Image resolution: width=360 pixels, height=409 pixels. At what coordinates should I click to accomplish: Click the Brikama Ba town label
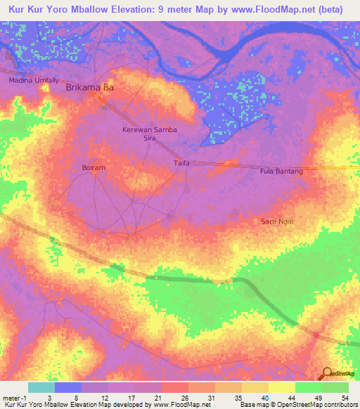coord(89,89)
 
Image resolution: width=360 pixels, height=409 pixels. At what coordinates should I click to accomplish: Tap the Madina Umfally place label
coord(33,81)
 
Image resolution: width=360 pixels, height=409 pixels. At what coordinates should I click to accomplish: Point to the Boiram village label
coord(93,168)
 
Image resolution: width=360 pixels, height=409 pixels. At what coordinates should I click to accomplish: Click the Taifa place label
coord(182,163)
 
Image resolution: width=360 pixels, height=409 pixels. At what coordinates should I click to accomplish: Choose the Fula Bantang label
coord(281,171)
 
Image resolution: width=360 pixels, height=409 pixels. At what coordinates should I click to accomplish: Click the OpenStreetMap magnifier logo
coord(327,374)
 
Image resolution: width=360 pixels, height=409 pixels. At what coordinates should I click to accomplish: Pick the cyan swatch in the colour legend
coord(41,387)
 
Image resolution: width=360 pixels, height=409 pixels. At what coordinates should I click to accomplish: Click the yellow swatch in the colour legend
coord(281,387)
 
